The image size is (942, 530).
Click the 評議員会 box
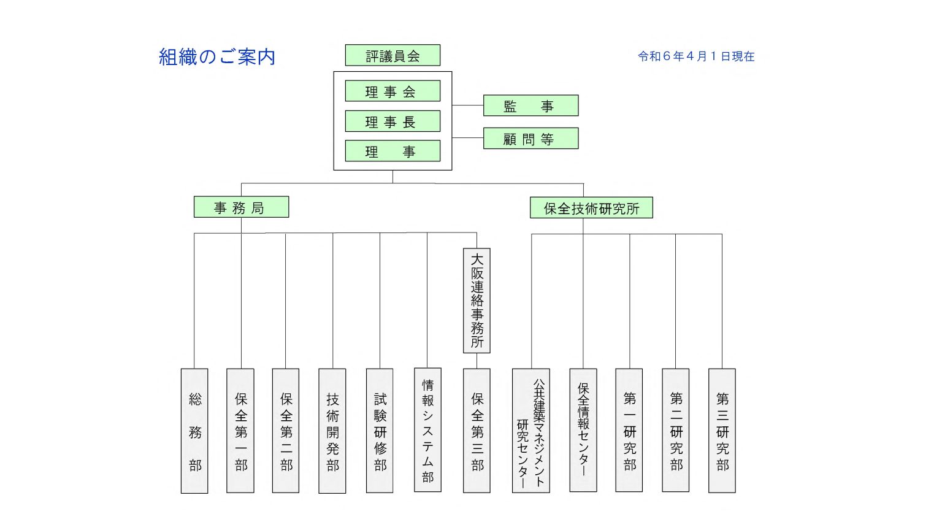pos(392,55)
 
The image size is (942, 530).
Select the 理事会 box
pos(392,91)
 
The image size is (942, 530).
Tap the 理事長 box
pos(392,121)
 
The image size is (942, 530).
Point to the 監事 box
pos(530,106)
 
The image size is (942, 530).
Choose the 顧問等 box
pos(530,139)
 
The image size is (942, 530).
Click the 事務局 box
pos(241,207)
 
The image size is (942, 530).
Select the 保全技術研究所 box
pos(591,208)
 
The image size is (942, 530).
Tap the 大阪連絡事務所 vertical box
pos(477,301)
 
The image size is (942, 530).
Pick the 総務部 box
pos(194,431)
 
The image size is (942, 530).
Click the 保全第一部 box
pos(240,431)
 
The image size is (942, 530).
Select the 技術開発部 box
pos(332,431)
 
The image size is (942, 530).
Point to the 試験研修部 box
pos(380,431)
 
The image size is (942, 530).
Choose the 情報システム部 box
pos(427,430)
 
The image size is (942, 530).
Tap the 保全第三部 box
pos(477,431)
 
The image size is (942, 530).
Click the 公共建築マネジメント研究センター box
pos(530,431)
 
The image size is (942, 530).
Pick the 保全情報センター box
pos(583,431)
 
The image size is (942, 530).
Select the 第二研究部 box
pos(675,431)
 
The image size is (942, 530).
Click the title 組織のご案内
pos(217,57)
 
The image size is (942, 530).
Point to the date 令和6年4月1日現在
pos(696,56)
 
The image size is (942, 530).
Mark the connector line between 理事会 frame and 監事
pos(467,106)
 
